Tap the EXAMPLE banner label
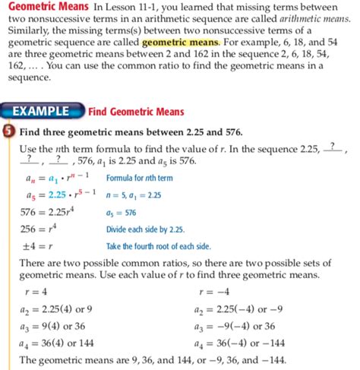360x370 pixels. [46, 112]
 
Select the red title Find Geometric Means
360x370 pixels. [136, 112]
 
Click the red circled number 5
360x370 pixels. [9, 130]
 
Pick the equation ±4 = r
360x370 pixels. [34, 246]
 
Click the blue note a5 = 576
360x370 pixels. [120, 213]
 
